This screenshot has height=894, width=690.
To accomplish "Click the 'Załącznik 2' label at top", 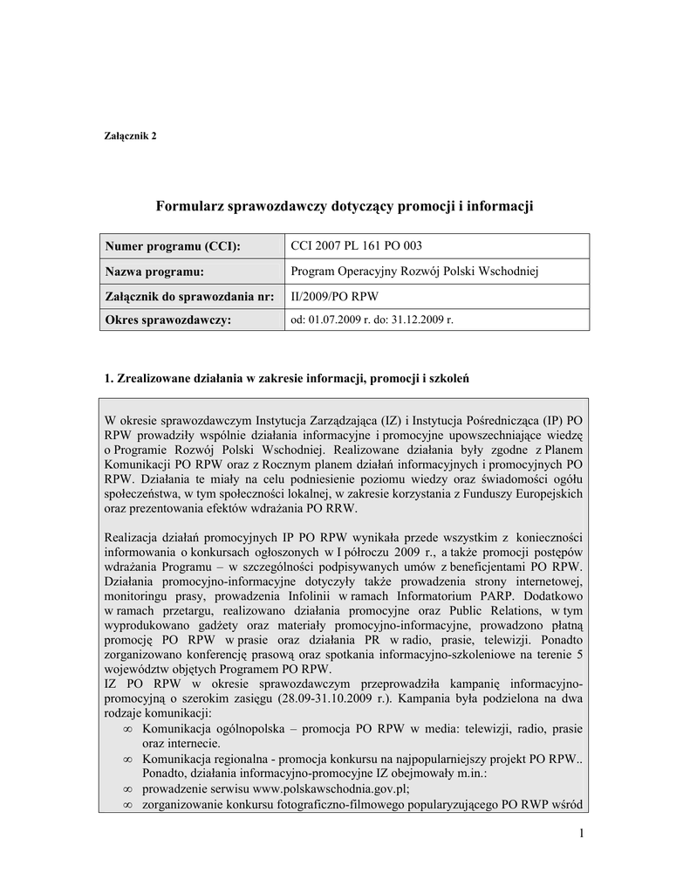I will point(130,135).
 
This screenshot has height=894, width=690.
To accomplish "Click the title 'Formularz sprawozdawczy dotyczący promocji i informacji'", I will point(344,206).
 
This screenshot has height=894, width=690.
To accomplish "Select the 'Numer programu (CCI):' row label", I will point(172,247).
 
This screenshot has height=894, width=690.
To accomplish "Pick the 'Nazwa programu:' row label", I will point(154,272).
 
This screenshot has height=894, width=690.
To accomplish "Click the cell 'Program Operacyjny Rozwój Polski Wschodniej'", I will point(414,272).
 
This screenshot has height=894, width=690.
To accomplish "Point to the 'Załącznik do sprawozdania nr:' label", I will point(189,296).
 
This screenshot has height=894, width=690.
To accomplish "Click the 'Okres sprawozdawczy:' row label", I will point(167,320).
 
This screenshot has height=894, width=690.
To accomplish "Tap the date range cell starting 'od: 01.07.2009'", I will point(372,320).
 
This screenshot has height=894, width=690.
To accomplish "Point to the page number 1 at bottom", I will point(580,834).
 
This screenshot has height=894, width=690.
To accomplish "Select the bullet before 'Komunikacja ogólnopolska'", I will point(128,728).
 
